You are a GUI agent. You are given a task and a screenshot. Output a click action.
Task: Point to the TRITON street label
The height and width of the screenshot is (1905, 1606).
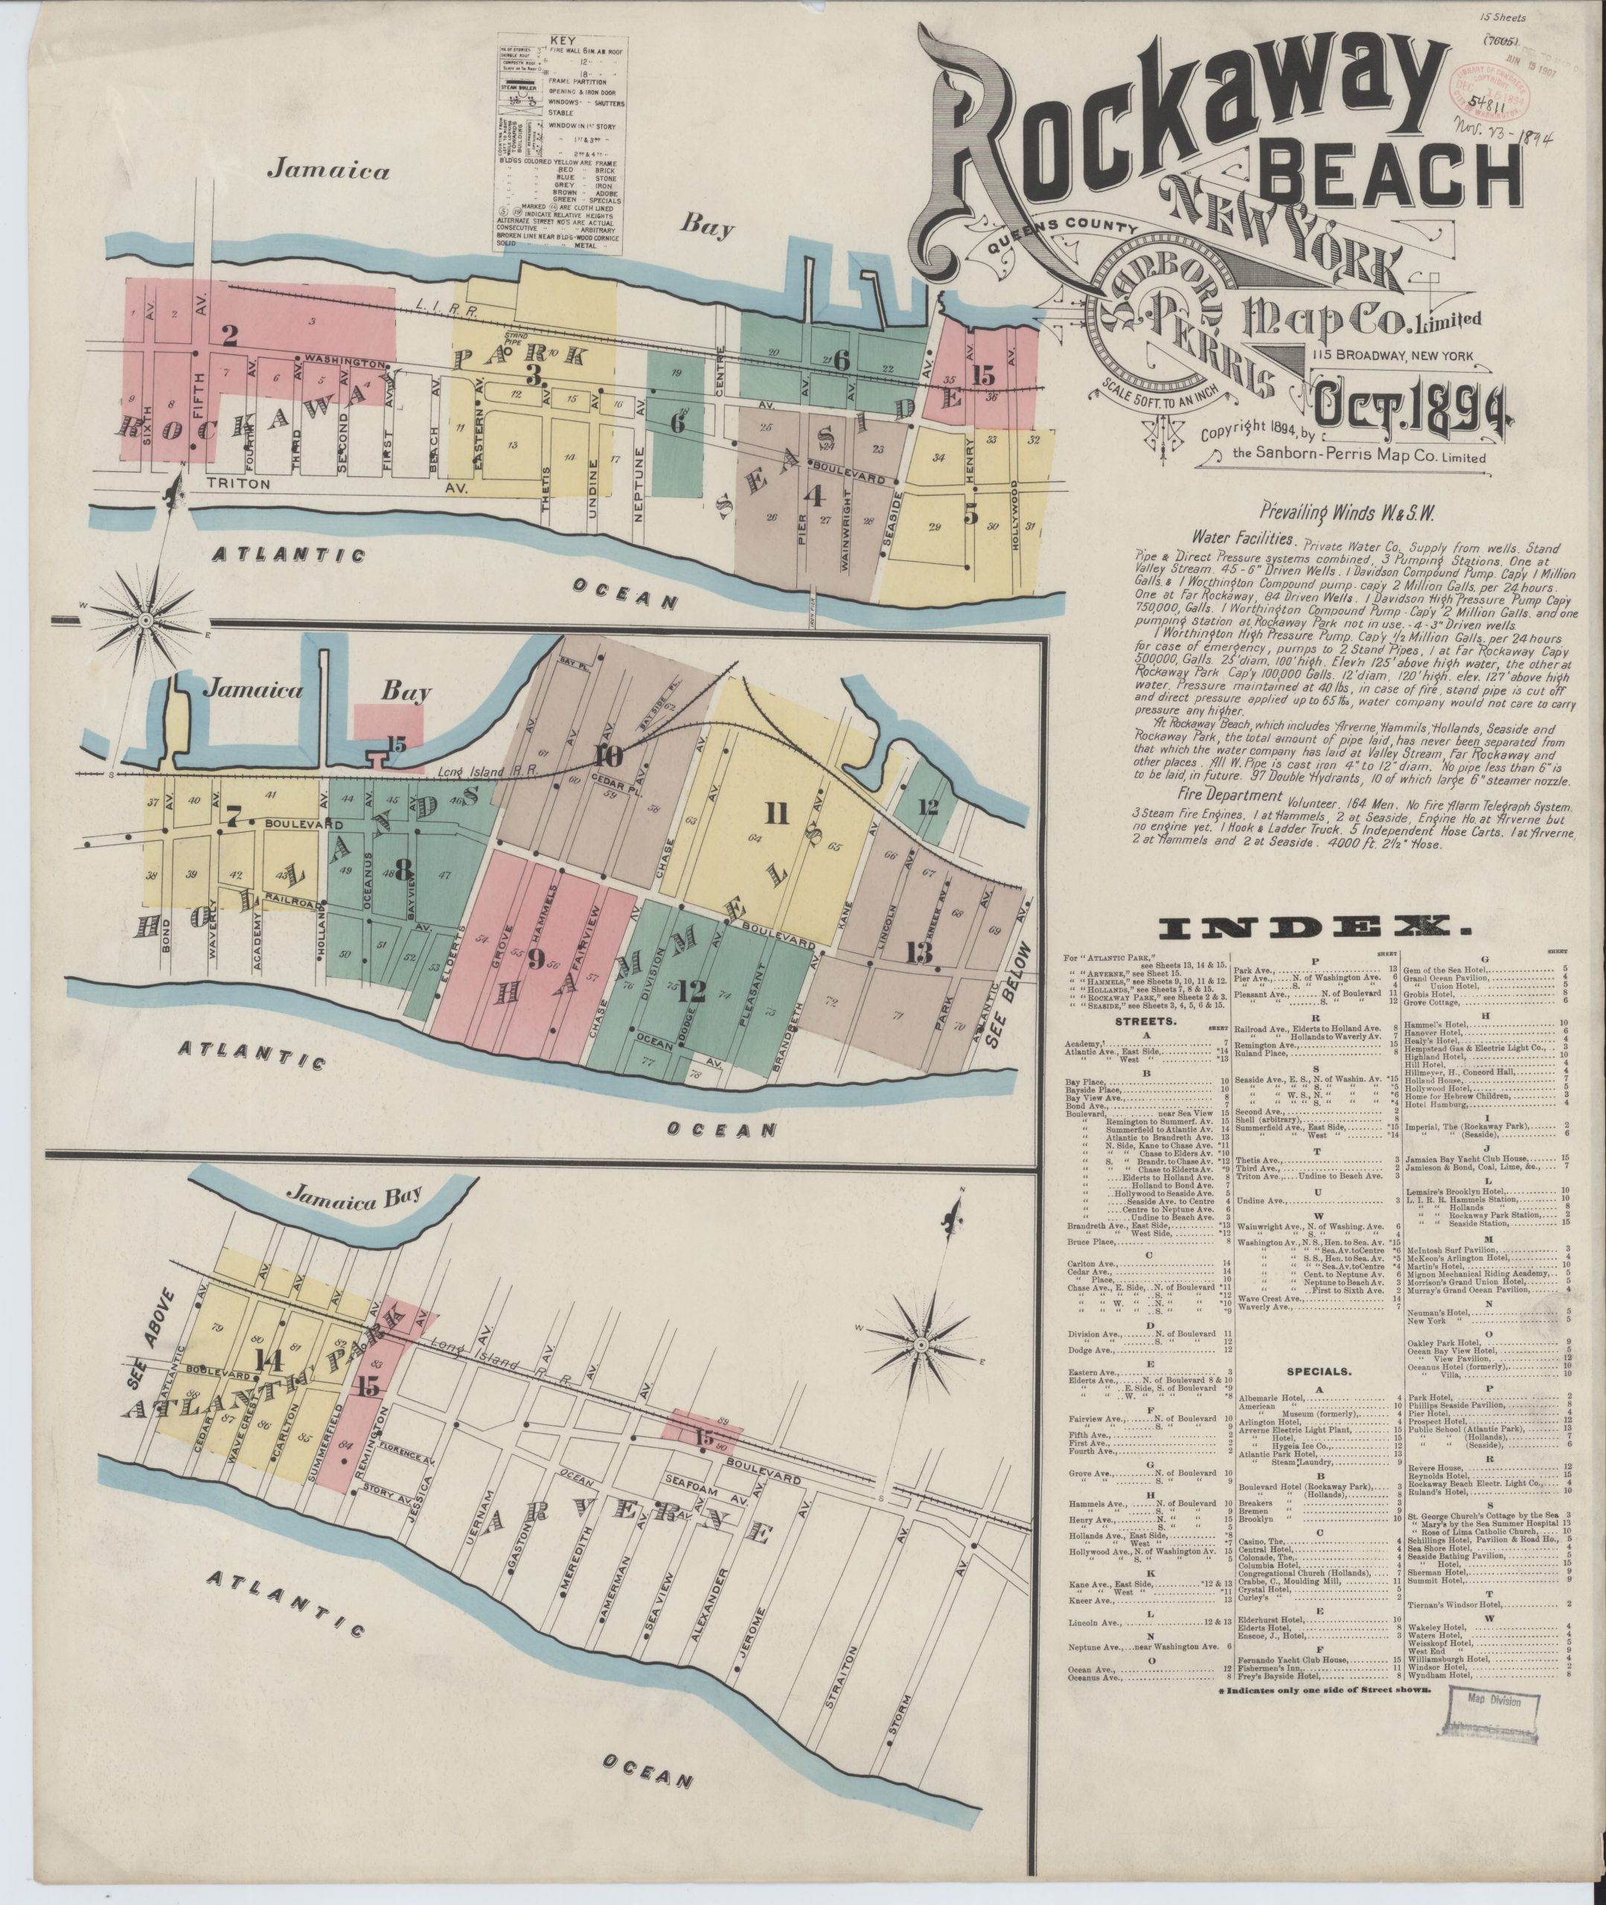click(x=240, y=485)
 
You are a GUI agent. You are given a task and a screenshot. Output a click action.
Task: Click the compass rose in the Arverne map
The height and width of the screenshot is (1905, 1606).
click(x=921, y=1343)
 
